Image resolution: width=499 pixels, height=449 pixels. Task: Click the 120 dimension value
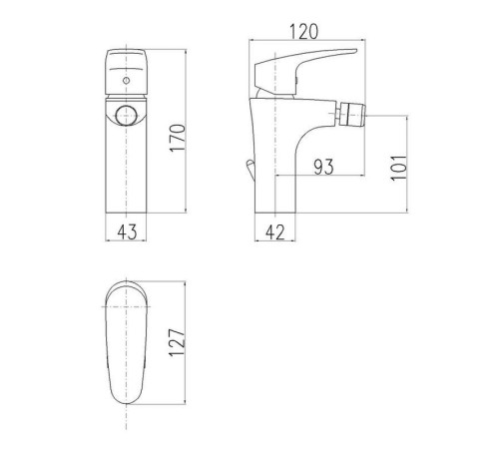click(304, 32)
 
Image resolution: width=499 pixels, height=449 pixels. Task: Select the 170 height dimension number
click(177, 138)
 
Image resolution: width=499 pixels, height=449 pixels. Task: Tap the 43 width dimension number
click(127, 231)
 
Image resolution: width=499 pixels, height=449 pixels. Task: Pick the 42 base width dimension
click(275, 232)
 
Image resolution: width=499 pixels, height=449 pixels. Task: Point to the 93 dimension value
click(323, 167)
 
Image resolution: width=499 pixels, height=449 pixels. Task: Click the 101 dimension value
click(398, 168)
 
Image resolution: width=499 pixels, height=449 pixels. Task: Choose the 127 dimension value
click(177, 343)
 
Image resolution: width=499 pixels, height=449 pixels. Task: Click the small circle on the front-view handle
click(126, 80)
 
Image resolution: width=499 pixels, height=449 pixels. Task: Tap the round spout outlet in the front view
click(126, 116)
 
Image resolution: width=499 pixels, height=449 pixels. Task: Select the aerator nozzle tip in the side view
click(352, 114)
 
